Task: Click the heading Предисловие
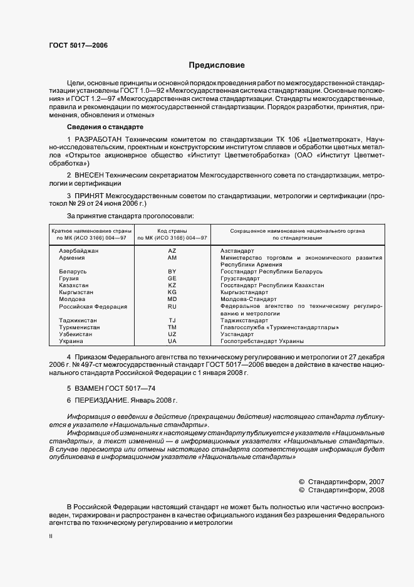click(217, 65)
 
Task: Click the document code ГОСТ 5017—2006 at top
click(73, 45)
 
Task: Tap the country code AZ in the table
click(172, 250)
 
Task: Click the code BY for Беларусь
click(172, 272)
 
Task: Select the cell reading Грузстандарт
click(240, 278)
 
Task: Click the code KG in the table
click(172, 292)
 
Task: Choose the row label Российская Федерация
click(93, 307)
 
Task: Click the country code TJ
click(172, 320)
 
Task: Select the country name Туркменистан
click(78, 327)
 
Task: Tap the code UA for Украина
click(172, 341)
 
